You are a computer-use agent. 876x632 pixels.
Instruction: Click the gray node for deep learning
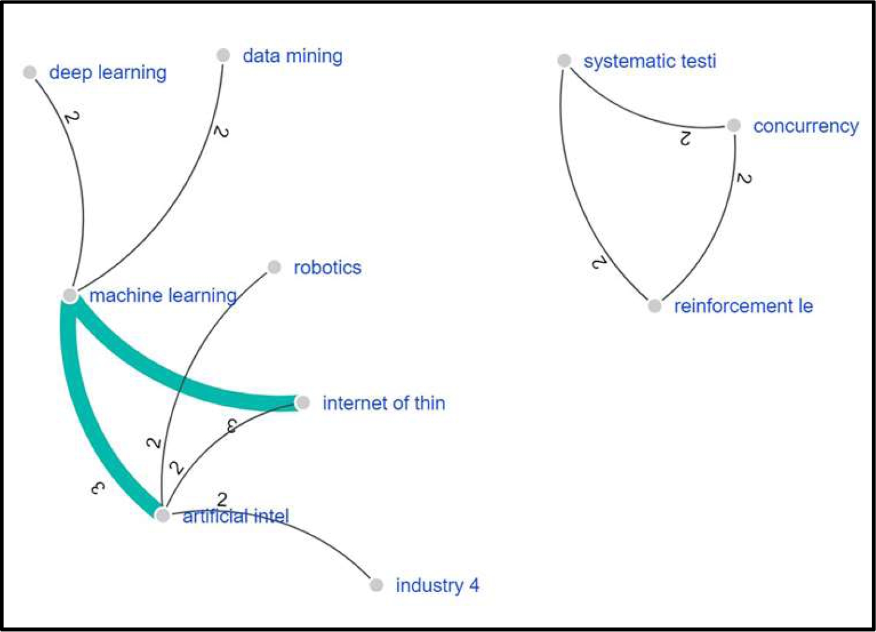click(30, 72)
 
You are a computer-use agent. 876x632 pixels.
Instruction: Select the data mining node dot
click(223, 55)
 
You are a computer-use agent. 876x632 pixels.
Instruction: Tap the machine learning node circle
click(70, 295)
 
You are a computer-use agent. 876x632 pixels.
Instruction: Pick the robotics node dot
click(274, 267)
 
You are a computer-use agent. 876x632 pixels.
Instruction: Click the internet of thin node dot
click(303, 403)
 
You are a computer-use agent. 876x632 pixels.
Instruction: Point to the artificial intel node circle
click(162, 515)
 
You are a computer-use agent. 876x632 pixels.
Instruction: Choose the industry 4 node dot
click(376, 585)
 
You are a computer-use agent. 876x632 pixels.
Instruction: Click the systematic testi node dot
click(564, 61)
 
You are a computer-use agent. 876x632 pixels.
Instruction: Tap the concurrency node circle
click(734, 126)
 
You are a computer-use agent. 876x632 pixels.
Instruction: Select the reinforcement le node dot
click(655, 306)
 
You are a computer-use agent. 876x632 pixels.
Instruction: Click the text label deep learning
click(108, 73)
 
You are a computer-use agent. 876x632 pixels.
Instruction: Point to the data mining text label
click(292, 56)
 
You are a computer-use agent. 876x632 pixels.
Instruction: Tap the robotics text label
click(327, 268)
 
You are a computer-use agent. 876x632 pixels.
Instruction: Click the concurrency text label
click(806, 126)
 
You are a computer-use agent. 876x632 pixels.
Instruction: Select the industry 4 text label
click(437, 586)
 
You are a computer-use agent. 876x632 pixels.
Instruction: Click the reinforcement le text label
click(743, 306)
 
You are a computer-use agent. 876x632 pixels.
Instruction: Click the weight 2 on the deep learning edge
click(71, 117)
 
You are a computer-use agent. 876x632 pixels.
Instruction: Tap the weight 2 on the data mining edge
click(221, 132)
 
